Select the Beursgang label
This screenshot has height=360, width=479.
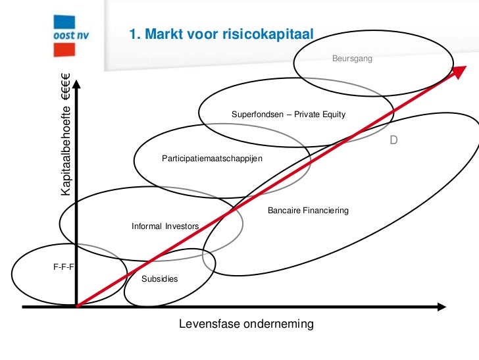352,59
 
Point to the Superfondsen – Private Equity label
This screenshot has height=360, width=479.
288,115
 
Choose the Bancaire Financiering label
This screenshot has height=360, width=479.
307,211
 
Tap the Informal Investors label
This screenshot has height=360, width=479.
164,226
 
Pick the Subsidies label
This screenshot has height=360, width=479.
160,278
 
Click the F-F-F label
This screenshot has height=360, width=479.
62,268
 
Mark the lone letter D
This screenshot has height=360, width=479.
393,141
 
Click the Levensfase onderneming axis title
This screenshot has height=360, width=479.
246,324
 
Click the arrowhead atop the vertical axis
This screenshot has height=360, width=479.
77,84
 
